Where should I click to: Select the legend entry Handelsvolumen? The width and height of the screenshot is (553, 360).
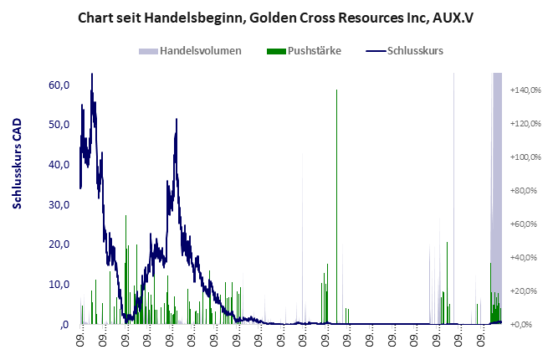coord(200,50)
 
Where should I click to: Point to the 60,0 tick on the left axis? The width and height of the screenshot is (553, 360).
coord(59,85)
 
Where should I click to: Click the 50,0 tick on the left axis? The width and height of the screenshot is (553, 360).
coord(59,125)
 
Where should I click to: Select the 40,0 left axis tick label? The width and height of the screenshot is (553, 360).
coord(59,165)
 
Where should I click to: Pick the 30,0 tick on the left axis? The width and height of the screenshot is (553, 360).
coord(59,204)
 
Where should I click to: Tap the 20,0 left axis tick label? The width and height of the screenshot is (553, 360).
coord(59,244)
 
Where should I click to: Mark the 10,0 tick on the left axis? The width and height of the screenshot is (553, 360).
coord(59,285)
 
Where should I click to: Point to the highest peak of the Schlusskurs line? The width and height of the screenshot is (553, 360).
coord(91,75)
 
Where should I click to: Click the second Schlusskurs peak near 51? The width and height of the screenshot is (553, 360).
coord(177,120)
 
